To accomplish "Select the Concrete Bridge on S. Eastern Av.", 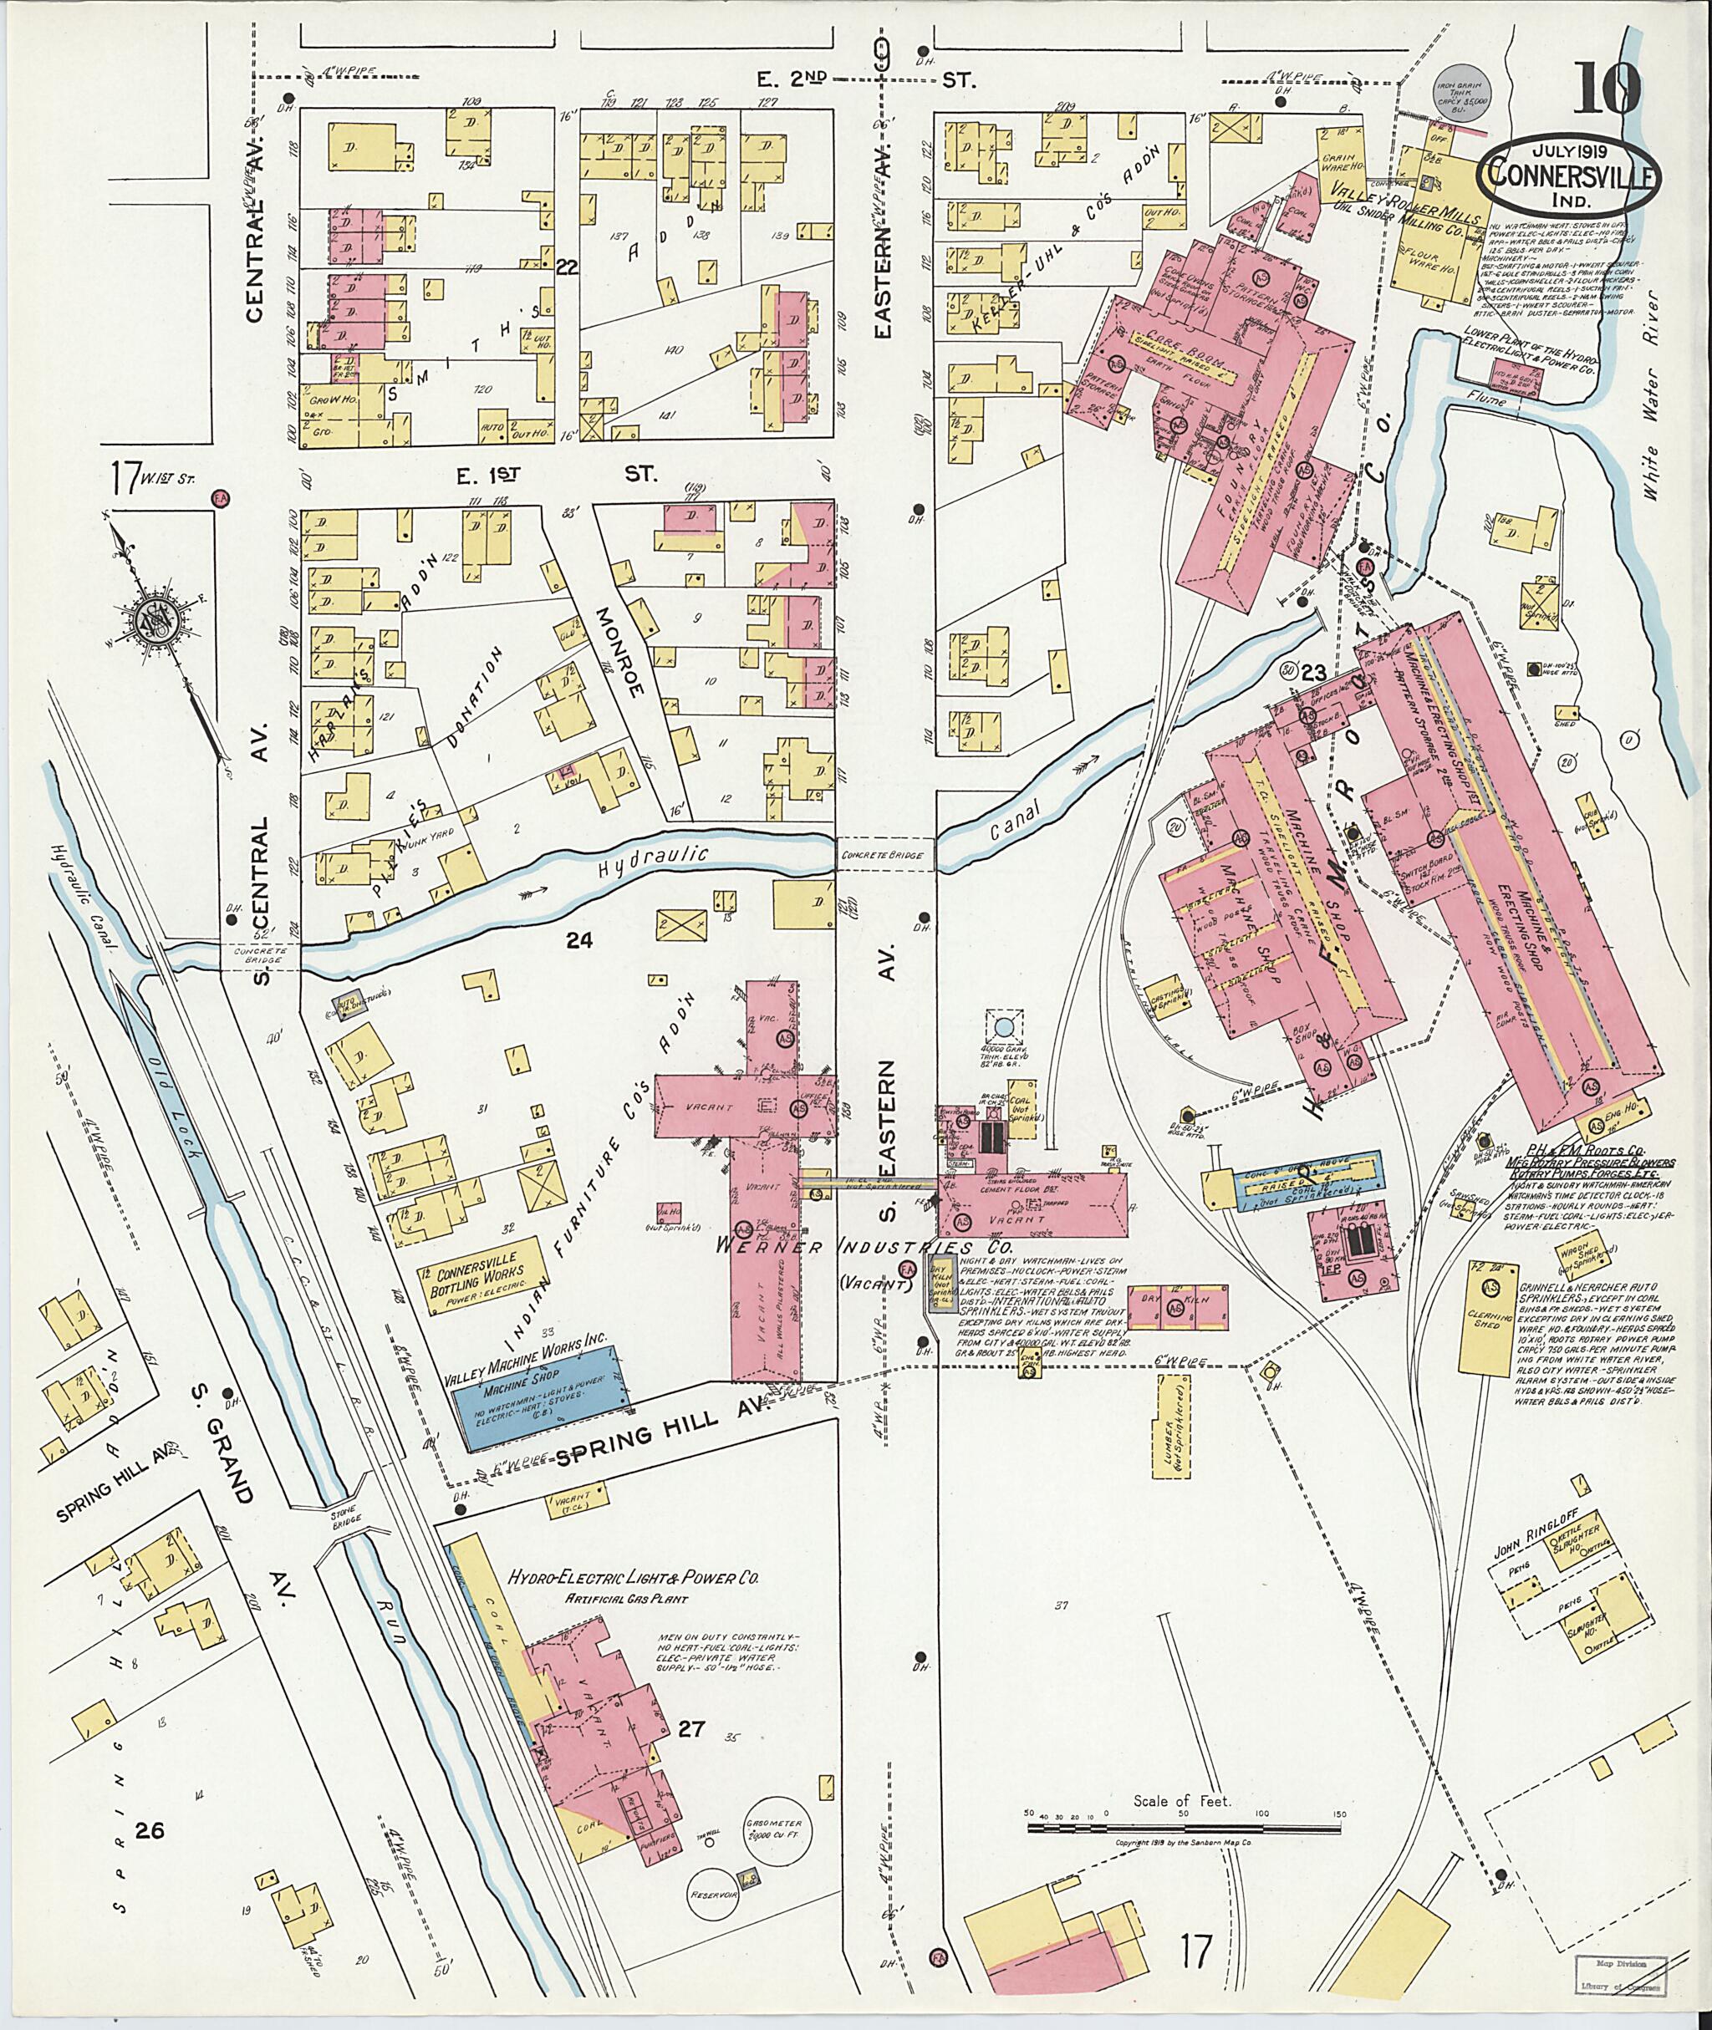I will [x=884, y=853].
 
